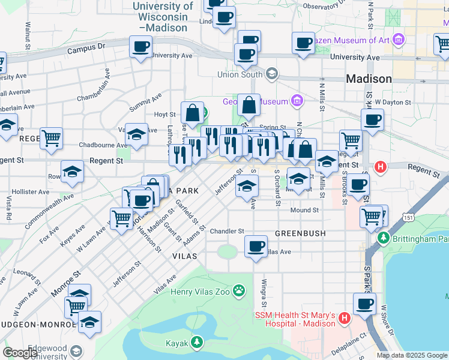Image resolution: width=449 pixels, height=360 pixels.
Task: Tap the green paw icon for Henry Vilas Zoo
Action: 239,291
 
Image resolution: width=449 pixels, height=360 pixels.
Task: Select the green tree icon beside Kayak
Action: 196,343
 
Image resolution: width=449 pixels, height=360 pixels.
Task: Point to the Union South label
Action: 240,74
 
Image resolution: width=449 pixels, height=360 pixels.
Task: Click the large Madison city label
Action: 369,79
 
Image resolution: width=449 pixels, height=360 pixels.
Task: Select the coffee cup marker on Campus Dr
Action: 140,46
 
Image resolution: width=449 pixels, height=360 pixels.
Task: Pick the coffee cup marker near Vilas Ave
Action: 256,246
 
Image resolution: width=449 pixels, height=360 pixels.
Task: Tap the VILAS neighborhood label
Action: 185,255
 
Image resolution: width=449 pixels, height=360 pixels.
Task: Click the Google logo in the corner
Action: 20,353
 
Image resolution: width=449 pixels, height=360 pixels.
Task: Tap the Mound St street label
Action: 304,210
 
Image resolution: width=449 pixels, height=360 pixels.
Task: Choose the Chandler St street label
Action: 227,231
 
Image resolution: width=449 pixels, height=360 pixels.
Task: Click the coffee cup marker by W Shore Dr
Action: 364,303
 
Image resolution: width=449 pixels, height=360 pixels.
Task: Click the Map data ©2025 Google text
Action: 411,355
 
